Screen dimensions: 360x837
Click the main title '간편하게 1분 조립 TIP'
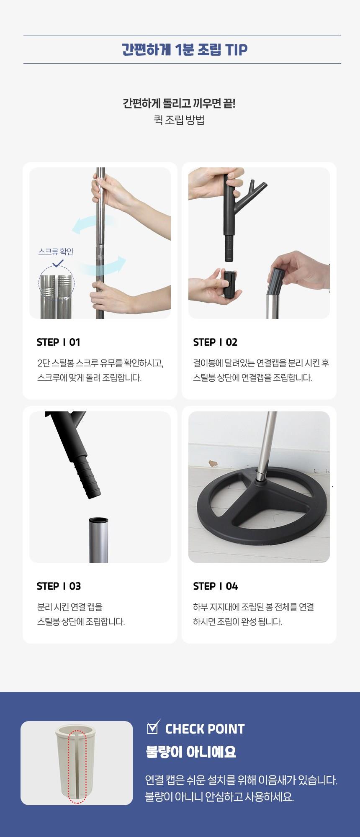(185, 50)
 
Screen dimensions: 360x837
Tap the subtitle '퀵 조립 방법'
(179, 121)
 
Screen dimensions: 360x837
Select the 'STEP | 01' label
(58, 342)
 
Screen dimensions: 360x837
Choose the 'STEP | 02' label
(215, 342)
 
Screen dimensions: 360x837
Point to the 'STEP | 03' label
(59, 586)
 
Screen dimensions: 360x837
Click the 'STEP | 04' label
(216, 586)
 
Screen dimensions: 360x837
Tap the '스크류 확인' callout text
(56, 252)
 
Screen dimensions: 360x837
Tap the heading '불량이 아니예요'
(191, 752)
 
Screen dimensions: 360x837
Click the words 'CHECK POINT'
(205, 729)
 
